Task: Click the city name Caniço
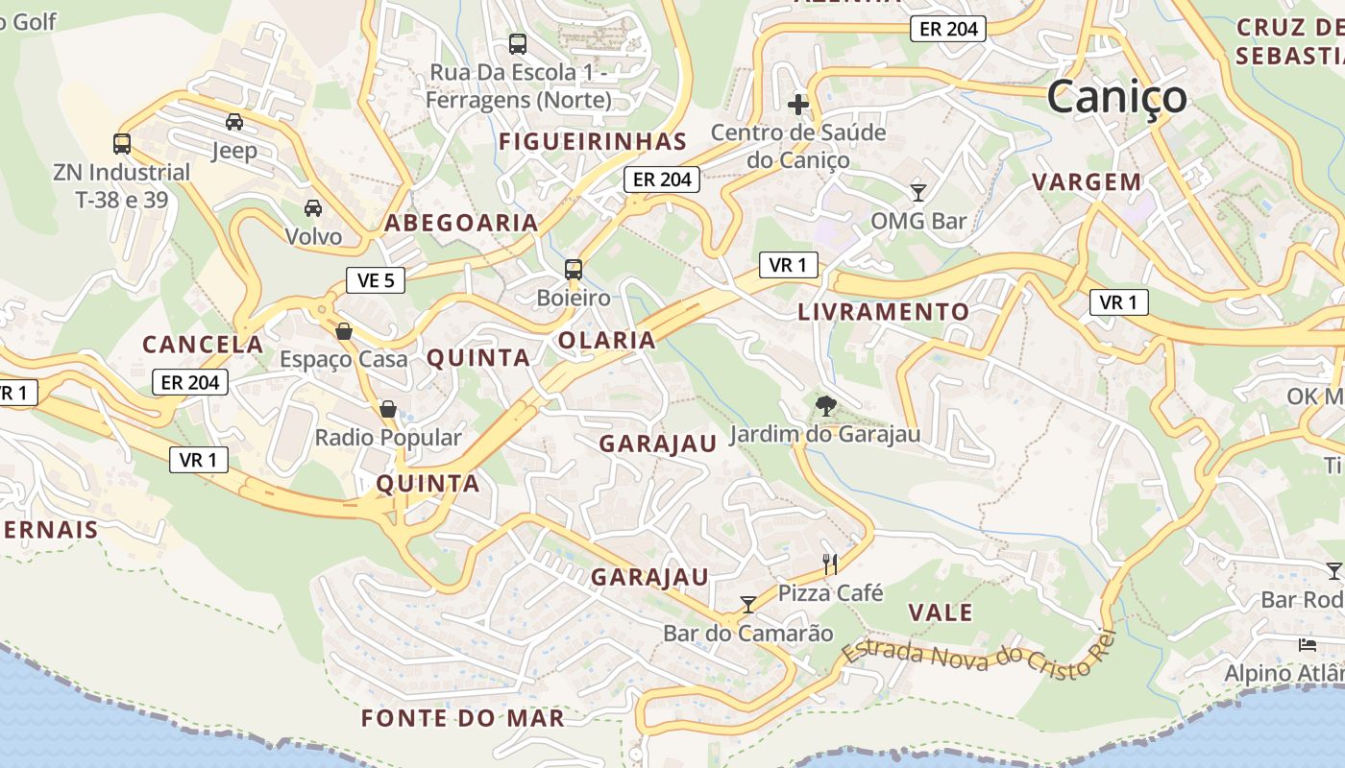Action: point(1116,97)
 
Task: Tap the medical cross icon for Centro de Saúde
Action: point(798,104)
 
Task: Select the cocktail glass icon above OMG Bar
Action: point(918,192)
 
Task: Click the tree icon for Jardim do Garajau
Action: point(824,406)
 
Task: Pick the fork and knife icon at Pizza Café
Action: point(830,564)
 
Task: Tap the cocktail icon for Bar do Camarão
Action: point(748,604)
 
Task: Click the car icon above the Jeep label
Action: point(234,122)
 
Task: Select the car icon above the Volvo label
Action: point(313,207)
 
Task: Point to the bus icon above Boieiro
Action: point(574,270)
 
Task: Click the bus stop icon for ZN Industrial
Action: point(122,144)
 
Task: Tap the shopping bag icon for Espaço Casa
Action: point(344,331)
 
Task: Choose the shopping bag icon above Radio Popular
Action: point(388,410)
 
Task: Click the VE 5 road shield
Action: point(376,280)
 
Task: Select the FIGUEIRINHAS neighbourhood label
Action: point(593,142)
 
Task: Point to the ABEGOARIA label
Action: point(461,223)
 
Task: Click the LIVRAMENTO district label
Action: point(884,312)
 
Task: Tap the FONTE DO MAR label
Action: point(463,718)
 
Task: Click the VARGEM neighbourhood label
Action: point(1087,181)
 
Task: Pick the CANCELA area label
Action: point(203,345)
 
